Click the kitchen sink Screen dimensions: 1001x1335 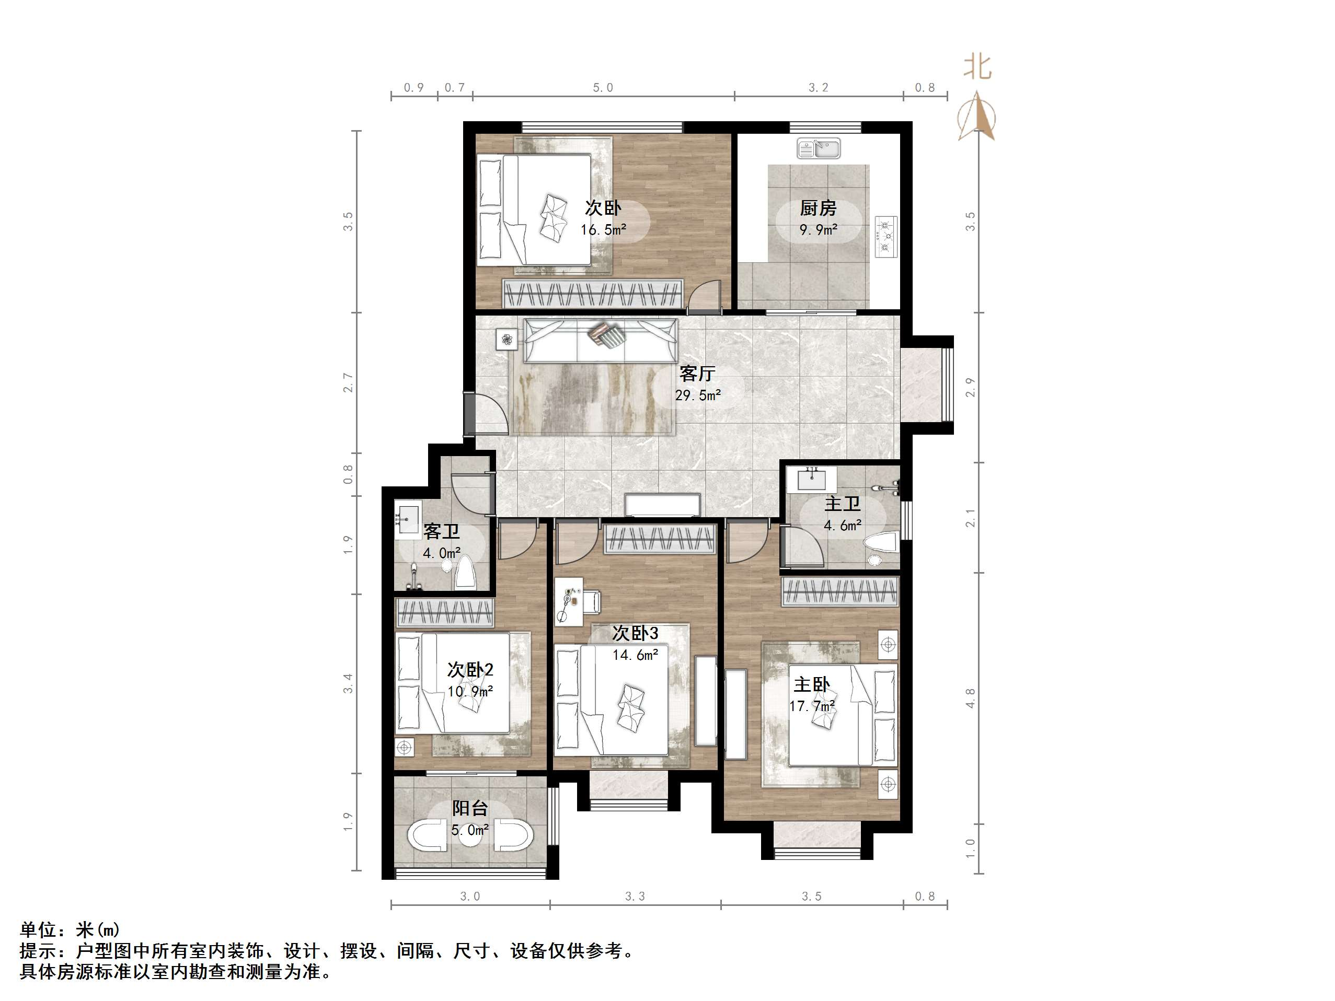819,148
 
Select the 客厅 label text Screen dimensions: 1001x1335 697,374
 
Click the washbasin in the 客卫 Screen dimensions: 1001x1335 408,518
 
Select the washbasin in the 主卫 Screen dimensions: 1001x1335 812,480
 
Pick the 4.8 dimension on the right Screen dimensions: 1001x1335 970,698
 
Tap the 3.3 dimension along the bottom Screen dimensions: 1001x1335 635,897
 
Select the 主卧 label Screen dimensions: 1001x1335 811,685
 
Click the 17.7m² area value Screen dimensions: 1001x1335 812,706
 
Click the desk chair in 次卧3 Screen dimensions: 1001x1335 593,600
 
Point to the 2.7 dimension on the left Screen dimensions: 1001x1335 348,382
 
